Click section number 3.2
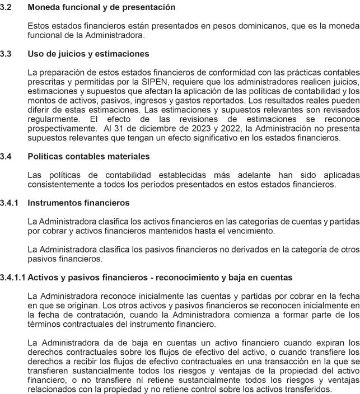[6, 7]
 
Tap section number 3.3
[6, 54]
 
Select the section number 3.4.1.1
[13, 277]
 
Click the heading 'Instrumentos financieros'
[78, 202]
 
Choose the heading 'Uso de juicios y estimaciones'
[88, 54]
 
